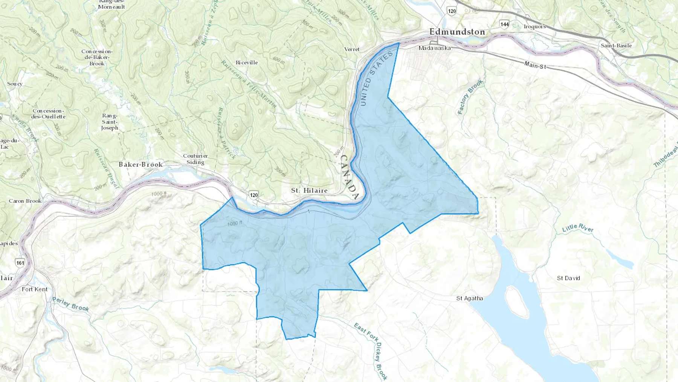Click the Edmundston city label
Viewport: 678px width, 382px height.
457,32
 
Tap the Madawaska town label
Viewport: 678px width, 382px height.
435,48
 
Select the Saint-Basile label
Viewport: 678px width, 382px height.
616,46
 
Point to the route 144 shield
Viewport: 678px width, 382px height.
504,24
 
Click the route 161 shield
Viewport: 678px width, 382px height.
20,263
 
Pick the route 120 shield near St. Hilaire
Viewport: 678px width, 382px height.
254,195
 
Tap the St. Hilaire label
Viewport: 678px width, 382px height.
309,190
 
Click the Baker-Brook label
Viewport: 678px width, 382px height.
140,164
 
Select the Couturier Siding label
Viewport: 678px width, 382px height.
195,159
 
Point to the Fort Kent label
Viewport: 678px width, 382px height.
35,289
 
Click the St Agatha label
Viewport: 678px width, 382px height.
469,298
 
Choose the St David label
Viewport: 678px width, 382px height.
568,278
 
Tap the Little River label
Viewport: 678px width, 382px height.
577,228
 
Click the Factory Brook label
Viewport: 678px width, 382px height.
470,97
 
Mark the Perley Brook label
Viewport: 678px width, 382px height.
70,304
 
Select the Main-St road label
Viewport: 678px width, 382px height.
535,65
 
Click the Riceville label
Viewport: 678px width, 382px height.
247,63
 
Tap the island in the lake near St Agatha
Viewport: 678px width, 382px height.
516,302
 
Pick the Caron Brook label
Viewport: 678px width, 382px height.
25,201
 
